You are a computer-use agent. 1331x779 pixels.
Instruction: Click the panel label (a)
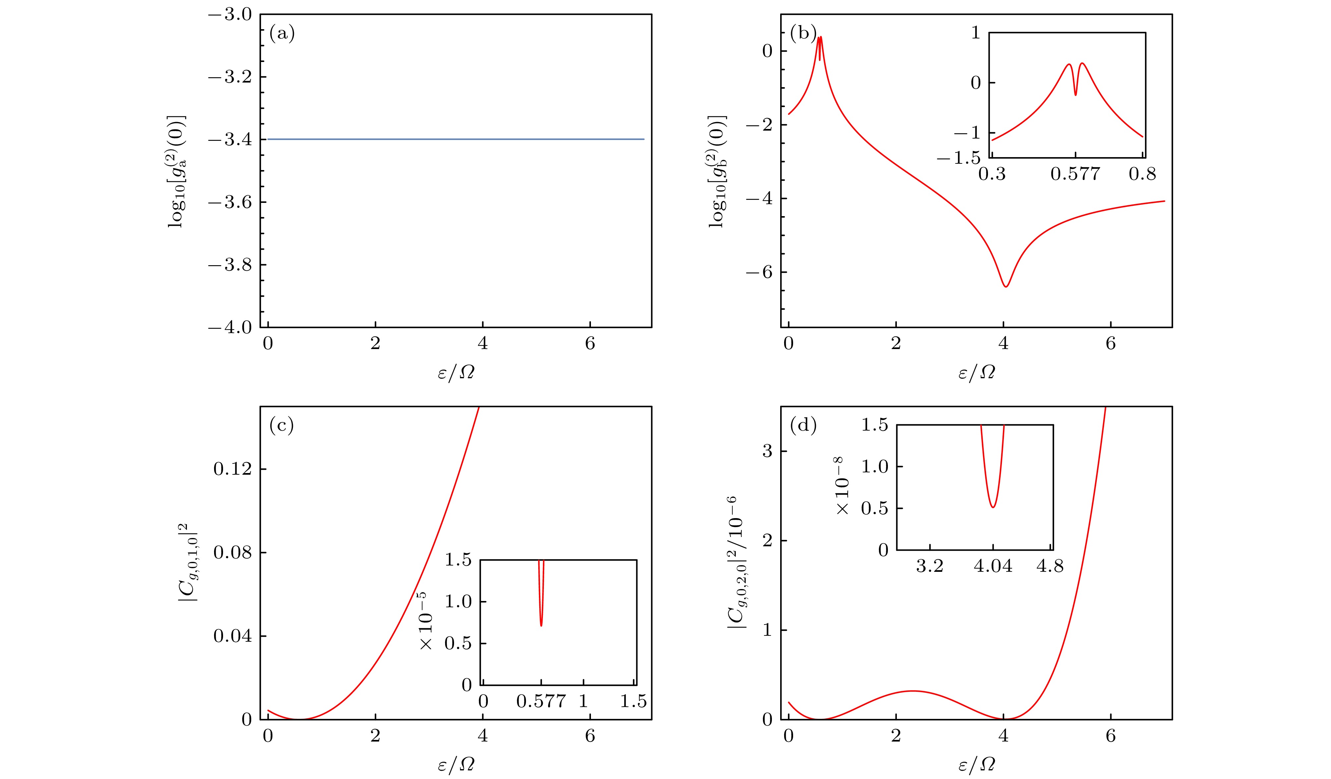(281, 34)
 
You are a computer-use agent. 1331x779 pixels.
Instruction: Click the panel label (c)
(281, 425)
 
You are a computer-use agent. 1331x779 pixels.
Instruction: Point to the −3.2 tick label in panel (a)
(230, 77)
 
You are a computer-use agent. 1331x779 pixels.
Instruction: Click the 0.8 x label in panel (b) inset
(1142, 174)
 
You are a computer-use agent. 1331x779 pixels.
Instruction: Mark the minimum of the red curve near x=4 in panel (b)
(1006, 287)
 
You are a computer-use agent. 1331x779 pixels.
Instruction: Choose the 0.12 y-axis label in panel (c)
(232, 469)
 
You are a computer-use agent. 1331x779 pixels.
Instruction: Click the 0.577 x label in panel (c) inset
(541, 701)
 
